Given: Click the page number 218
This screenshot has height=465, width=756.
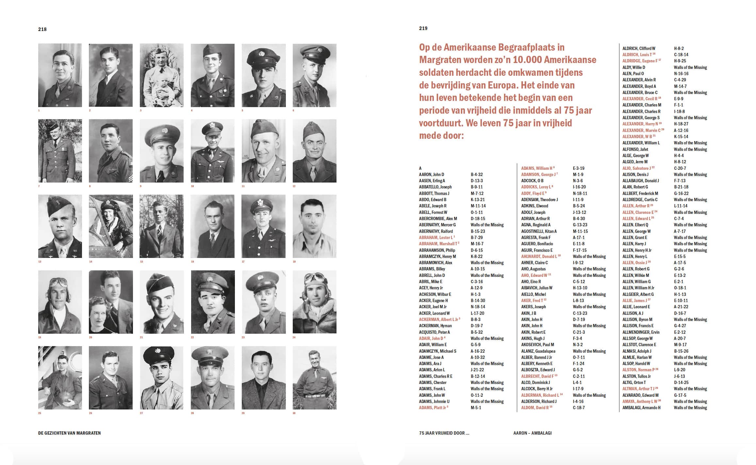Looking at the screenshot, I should tap(42, 29).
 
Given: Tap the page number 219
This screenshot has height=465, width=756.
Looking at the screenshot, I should tap(423, 28).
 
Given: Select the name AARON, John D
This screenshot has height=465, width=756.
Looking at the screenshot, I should tap(431, 174).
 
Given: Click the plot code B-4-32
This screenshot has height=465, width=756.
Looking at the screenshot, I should tap(477, 174).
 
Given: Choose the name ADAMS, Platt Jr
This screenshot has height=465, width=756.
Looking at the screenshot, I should tap(433, 408).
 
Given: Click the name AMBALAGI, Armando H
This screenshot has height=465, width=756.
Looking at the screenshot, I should tap(641, 408).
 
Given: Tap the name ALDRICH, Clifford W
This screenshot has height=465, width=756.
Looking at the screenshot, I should tap(639, 48).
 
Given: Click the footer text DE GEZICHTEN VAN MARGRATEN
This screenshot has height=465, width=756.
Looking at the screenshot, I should tap(69, 433).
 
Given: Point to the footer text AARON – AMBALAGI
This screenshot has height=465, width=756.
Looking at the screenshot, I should tap(532, 433).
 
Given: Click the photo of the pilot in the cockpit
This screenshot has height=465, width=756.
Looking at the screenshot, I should tap(111, 226).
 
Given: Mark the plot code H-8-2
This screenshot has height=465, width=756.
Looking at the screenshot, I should tap(679, 48).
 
